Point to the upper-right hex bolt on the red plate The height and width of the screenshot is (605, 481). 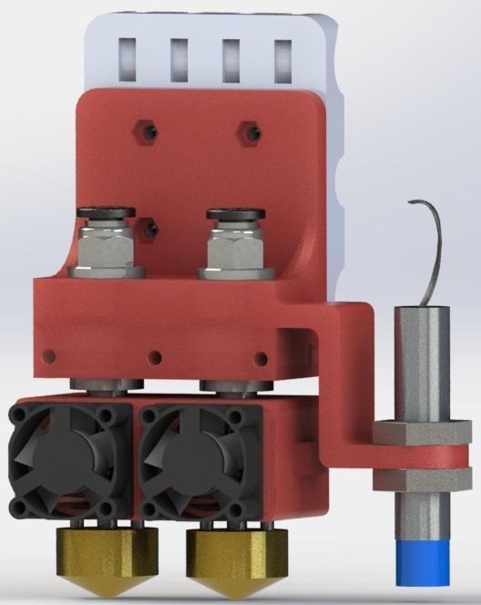(247, 132)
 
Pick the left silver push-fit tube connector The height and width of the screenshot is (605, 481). (107, 244)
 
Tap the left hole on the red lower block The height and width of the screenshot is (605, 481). (50, 355)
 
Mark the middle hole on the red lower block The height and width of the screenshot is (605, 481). (157, 356)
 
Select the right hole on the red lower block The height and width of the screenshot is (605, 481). (262, 356)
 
